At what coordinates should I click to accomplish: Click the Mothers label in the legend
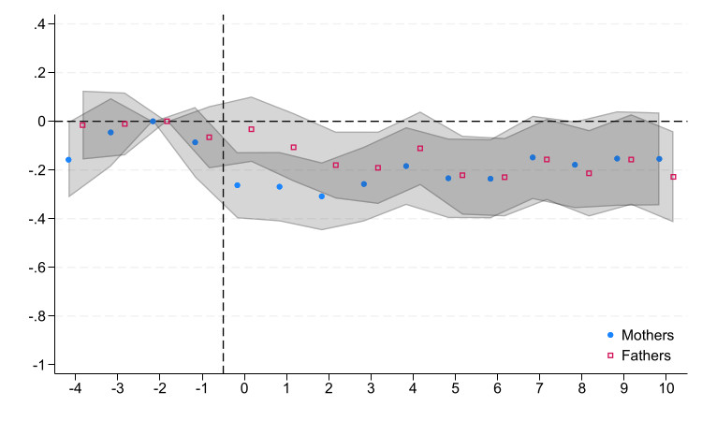point(648,335)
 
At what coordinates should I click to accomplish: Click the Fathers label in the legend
point(646,356)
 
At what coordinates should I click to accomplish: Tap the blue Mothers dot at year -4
point(68,160)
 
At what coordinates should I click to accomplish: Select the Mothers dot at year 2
point(321,196)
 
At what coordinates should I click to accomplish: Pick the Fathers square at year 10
point(673,177)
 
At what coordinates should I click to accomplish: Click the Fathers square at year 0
point(251,129)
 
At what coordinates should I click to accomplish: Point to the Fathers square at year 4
point(420,148)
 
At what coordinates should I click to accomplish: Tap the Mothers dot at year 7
point(533,157)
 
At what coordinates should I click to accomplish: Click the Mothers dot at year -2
point(153,122)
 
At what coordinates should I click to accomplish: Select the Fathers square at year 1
point(293,147)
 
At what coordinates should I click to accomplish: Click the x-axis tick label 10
point(666,388)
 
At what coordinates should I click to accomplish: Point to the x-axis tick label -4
point(75,388)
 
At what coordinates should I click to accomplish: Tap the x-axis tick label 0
point(244,388)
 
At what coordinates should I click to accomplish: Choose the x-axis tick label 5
point(455,388)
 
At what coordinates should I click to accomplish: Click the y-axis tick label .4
point(39,24)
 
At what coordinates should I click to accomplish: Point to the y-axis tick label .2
point(39,73)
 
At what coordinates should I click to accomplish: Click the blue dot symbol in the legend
point(610,335)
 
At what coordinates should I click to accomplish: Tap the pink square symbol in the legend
point(610,356)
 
